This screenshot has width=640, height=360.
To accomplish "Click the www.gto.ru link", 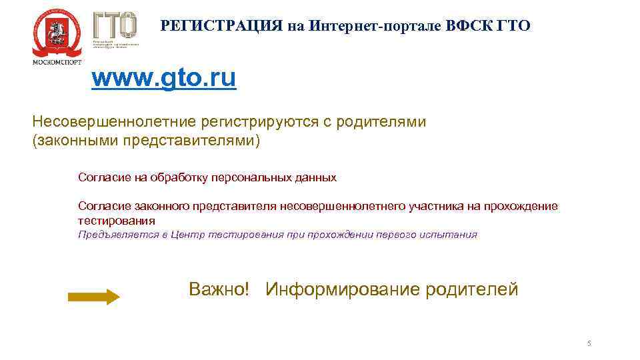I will click(x=163, y=79).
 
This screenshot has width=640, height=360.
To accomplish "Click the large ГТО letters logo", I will click(x=115, y=25).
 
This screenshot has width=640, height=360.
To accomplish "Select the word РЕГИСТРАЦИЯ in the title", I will click(x=223, y=26).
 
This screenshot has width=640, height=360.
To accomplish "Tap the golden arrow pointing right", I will click(x=93, y=297).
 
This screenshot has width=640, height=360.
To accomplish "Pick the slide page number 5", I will click(x=589, y=343).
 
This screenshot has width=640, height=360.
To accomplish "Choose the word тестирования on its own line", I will click(x=117, y=221).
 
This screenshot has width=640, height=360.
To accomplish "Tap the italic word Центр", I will click(x=188, y=235).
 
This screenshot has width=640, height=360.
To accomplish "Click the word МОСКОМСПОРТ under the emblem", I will click(x=57, y=61).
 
